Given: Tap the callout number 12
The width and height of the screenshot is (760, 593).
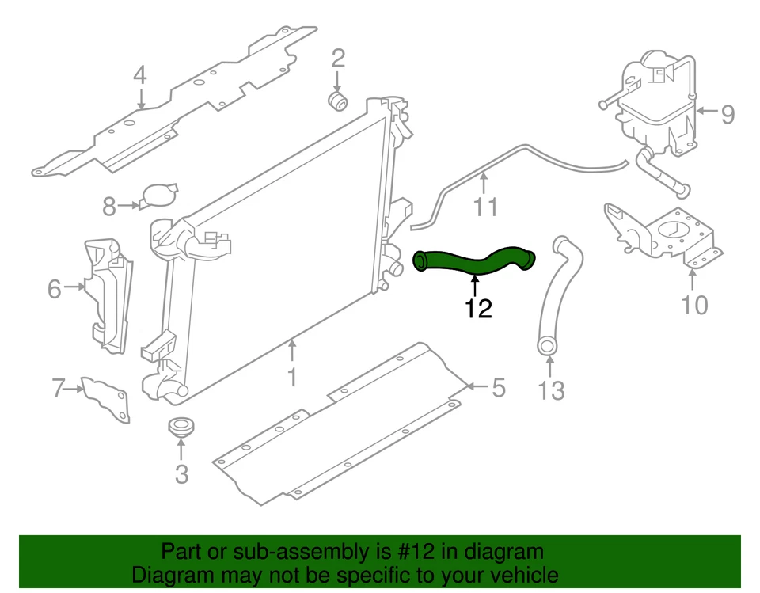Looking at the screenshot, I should coord(478,308).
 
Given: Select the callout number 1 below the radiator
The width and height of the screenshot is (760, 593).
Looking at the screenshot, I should coord(292,377).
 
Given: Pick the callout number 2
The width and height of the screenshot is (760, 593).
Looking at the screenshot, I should coord(338,58).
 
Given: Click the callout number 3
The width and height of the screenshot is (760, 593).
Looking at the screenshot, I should coord(181,474).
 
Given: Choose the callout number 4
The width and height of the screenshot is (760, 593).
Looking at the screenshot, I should coord(139,77).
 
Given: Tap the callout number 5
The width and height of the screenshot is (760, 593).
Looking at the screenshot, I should coord(497,388).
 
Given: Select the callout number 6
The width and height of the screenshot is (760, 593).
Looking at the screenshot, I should coord(54,289).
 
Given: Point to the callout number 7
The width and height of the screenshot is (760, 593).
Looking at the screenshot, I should coord(58,389).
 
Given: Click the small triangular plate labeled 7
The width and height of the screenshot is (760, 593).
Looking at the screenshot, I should coord(106,398).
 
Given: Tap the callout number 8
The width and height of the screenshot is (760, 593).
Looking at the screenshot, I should coord(109,207).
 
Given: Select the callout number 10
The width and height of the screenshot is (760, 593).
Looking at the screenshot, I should coord(694,305).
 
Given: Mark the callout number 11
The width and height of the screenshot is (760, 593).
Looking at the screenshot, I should coord(485,207).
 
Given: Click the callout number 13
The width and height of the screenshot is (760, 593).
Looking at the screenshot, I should coord(551,390).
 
